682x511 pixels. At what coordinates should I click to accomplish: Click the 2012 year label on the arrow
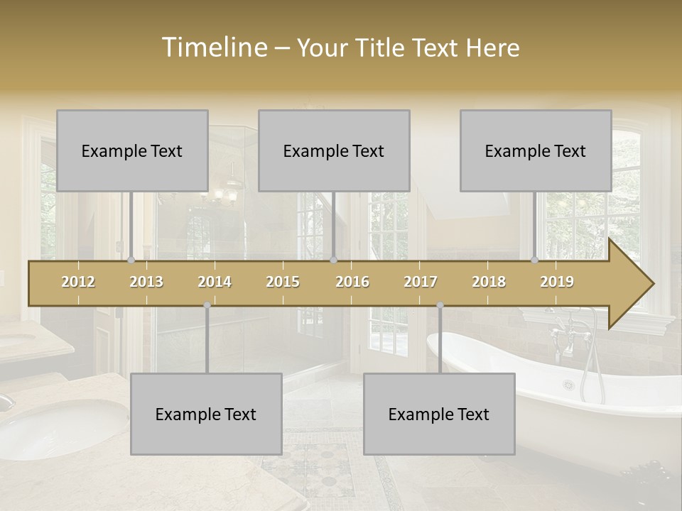(78, 282)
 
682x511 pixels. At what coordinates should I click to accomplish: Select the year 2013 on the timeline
(146, 282)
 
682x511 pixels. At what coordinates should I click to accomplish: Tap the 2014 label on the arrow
(215, 282)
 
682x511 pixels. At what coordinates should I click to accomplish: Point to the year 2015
(283, 282)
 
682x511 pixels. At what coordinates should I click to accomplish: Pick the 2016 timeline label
(352, 282)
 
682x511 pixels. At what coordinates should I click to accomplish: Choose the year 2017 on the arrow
(421, 282)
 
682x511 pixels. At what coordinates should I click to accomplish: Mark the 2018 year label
(489, 282)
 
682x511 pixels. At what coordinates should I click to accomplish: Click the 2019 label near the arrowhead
(557, 282)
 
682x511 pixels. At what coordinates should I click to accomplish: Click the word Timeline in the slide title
(213, 48)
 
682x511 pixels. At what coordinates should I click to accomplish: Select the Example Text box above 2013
(132, 150)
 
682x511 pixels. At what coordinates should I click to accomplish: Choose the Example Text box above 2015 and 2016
(334, 150)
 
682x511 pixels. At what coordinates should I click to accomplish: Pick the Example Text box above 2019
(536, 150)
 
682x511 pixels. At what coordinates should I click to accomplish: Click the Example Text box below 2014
(206, 414)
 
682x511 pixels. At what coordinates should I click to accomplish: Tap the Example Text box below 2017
(439, 414)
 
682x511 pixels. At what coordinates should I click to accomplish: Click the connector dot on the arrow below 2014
(207, 305)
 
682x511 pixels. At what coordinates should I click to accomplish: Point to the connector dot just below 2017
(440, 305)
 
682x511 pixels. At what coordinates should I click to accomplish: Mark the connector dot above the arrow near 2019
(535, 260)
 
